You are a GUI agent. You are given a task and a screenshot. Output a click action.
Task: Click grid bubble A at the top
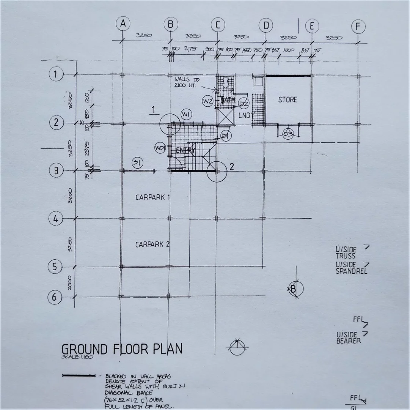[x=123, y=24]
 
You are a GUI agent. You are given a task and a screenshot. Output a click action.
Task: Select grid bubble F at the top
[x=358, y=27]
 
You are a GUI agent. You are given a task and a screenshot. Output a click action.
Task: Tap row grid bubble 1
[x=56, y=74]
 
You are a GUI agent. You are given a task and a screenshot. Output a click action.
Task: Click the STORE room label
[x=287, y=100]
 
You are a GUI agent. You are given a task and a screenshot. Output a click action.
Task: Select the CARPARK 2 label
[x=152, y=244]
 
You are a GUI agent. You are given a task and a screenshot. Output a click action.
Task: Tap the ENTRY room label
[x=186, y=151]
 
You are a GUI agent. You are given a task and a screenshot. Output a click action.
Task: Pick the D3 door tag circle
[x=288, y=134]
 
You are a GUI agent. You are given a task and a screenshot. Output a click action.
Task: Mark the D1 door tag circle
[x=226, y=135]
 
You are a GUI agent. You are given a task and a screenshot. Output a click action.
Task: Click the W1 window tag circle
[x=187, y=114]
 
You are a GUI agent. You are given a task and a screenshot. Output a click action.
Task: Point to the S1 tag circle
[x=137, y=163]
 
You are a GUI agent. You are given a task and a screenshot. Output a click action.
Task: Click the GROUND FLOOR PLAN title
[x=122, y=348]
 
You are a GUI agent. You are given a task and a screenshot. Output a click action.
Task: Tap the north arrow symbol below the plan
[x=237, y=346]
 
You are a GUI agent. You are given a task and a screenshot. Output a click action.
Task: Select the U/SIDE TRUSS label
[x=346, y=252]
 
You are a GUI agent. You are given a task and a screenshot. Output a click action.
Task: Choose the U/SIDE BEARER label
[x=348, y=337]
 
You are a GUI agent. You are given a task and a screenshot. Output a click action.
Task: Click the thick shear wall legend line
[x=79, y=376]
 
